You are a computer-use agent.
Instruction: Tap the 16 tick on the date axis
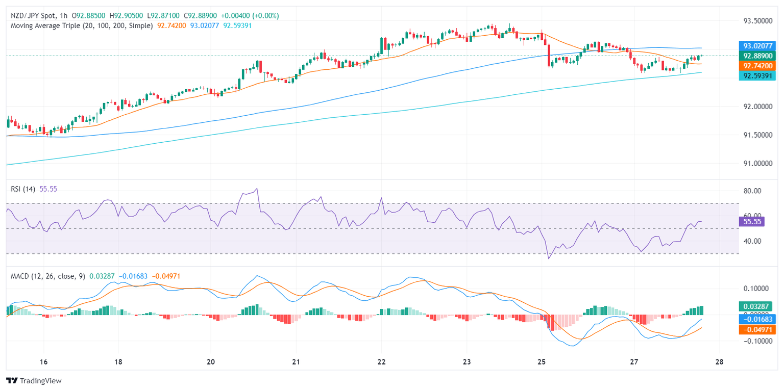pyautogui.click(x=43, y=362)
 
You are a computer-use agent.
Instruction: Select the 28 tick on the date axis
pyautogui.click(x=719, y=362)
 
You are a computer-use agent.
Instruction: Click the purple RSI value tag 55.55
pyautogui.click(x=751, y=221)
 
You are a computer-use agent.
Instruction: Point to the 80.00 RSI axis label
pyautogui.click(x=751, y=191)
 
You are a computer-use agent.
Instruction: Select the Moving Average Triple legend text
pyautogui.click(x=82, y=25)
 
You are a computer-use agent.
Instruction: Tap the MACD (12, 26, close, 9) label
pyautogui.click(x=48, y=276)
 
